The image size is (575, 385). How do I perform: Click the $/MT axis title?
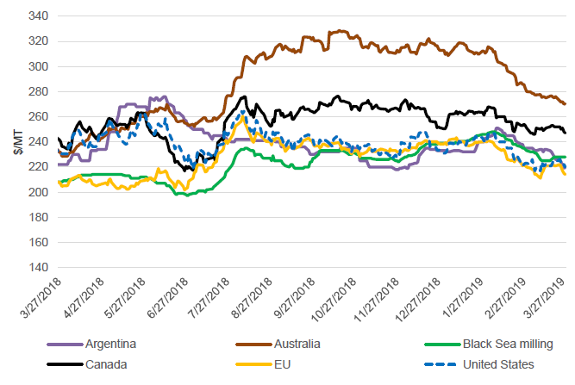tap(18, 143)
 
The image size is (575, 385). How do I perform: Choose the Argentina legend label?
tap(111, 345)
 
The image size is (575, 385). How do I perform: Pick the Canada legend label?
tap(106, 364)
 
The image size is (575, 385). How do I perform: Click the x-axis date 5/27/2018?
tap(125, 301)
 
